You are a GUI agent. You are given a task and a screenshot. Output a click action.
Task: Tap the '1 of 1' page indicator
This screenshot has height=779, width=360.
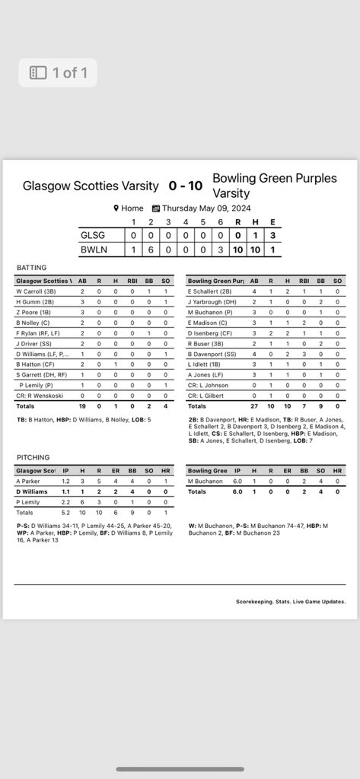coord(59,73)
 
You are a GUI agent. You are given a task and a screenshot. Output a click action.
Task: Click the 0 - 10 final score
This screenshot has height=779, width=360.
coord(186,186)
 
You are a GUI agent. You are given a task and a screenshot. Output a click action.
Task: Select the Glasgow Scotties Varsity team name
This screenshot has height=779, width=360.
coord(91,186)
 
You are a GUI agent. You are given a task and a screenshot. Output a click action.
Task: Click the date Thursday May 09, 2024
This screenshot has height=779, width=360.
coord(201,208)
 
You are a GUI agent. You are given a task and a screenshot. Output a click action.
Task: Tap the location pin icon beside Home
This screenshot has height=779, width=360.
coord(116,208)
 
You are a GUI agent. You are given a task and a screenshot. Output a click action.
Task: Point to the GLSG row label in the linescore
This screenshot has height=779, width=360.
coord(94,235)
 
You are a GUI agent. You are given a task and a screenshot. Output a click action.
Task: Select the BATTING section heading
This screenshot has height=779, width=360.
coord(31,268)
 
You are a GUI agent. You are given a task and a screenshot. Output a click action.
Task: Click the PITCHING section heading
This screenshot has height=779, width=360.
coord(33,457)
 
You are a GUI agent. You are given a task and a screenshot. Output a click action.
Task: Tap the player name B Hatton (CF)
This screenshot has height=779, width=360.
coord(38,364)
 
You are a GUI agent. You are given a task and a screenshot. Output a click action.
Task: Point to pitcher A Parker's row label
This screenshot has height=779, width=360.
coord(30,482)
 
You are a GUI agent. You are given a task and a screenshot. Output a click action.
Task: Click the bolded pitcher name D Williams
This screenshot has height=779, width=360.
coord(33,492)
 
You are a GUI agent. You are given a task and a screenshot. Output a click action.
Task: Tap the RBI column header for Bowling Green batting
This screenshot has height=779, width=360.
coord(304,281)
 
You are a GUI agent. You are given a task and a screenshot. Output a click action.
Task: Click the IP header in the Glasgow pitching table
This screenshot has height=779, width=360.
coord(65,471)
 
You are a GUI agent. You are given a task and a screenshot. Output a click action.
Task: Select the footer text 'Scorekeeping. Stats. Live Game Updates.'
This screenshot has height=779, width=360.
coord(291,601)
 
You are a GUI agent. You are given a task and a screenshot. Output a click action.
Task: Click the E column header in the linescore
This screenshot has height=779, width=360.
coord(272,221)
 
